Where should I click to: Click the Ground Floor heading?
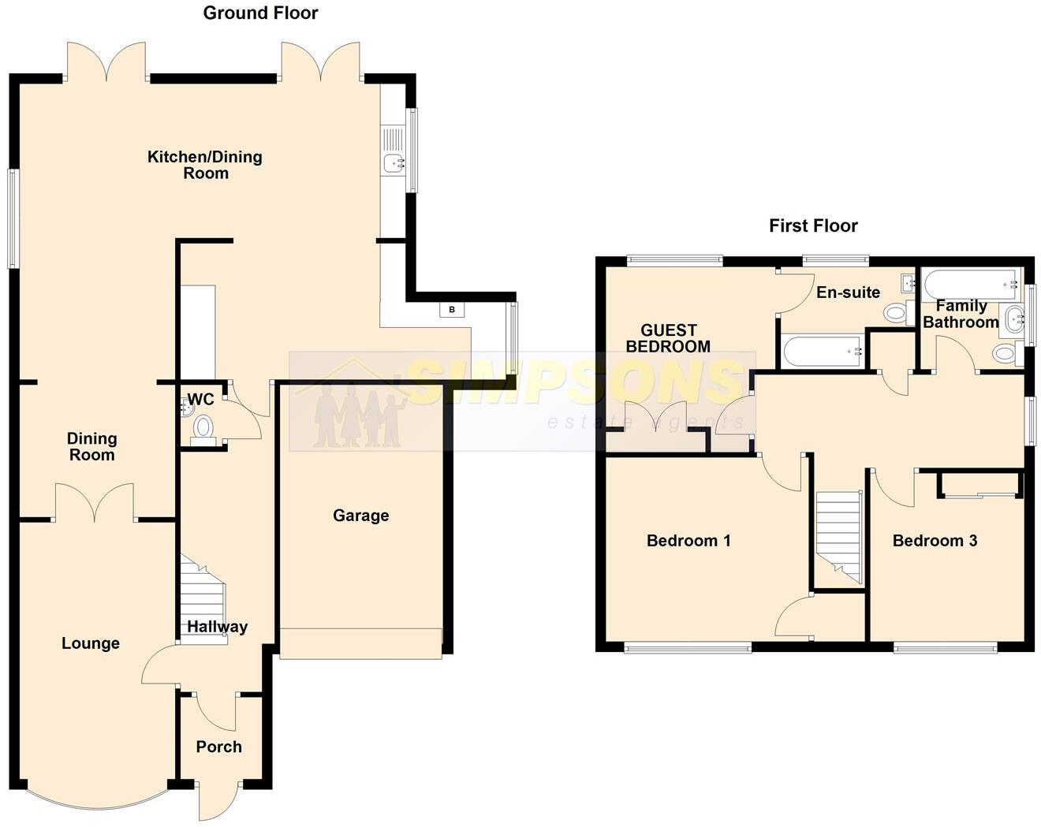coord(260,13)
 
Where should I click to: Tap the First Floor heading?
coord(813,226)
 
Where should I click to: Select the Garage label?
coord(360,516)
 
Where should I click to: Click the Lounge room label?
coord(91,643)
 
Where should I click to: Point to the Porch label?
coord(218,747)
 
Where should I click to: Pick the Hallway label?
coord(217,627)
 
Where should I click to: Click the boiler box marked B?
coord(452,310)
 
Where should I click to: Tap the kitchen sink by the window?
coord(393,163)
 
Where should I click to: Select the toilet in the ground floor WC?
coord(203,427)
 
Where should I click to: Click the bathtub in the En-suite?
coord(821,351)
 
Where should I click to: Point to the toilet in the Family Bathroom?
coord(1005,353)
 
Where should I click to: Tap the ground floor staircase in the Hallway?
coord(203,599)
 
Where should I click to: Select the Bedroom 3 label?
coord(935,541)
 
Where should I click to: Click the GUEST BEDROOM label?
coord(668,338)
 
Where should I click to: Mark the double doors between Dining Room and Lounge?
coord(95,505)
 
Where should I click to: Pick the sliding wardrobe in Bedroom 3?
coord(979,484)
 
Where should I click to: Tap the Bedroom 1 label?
coord(688,541)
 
